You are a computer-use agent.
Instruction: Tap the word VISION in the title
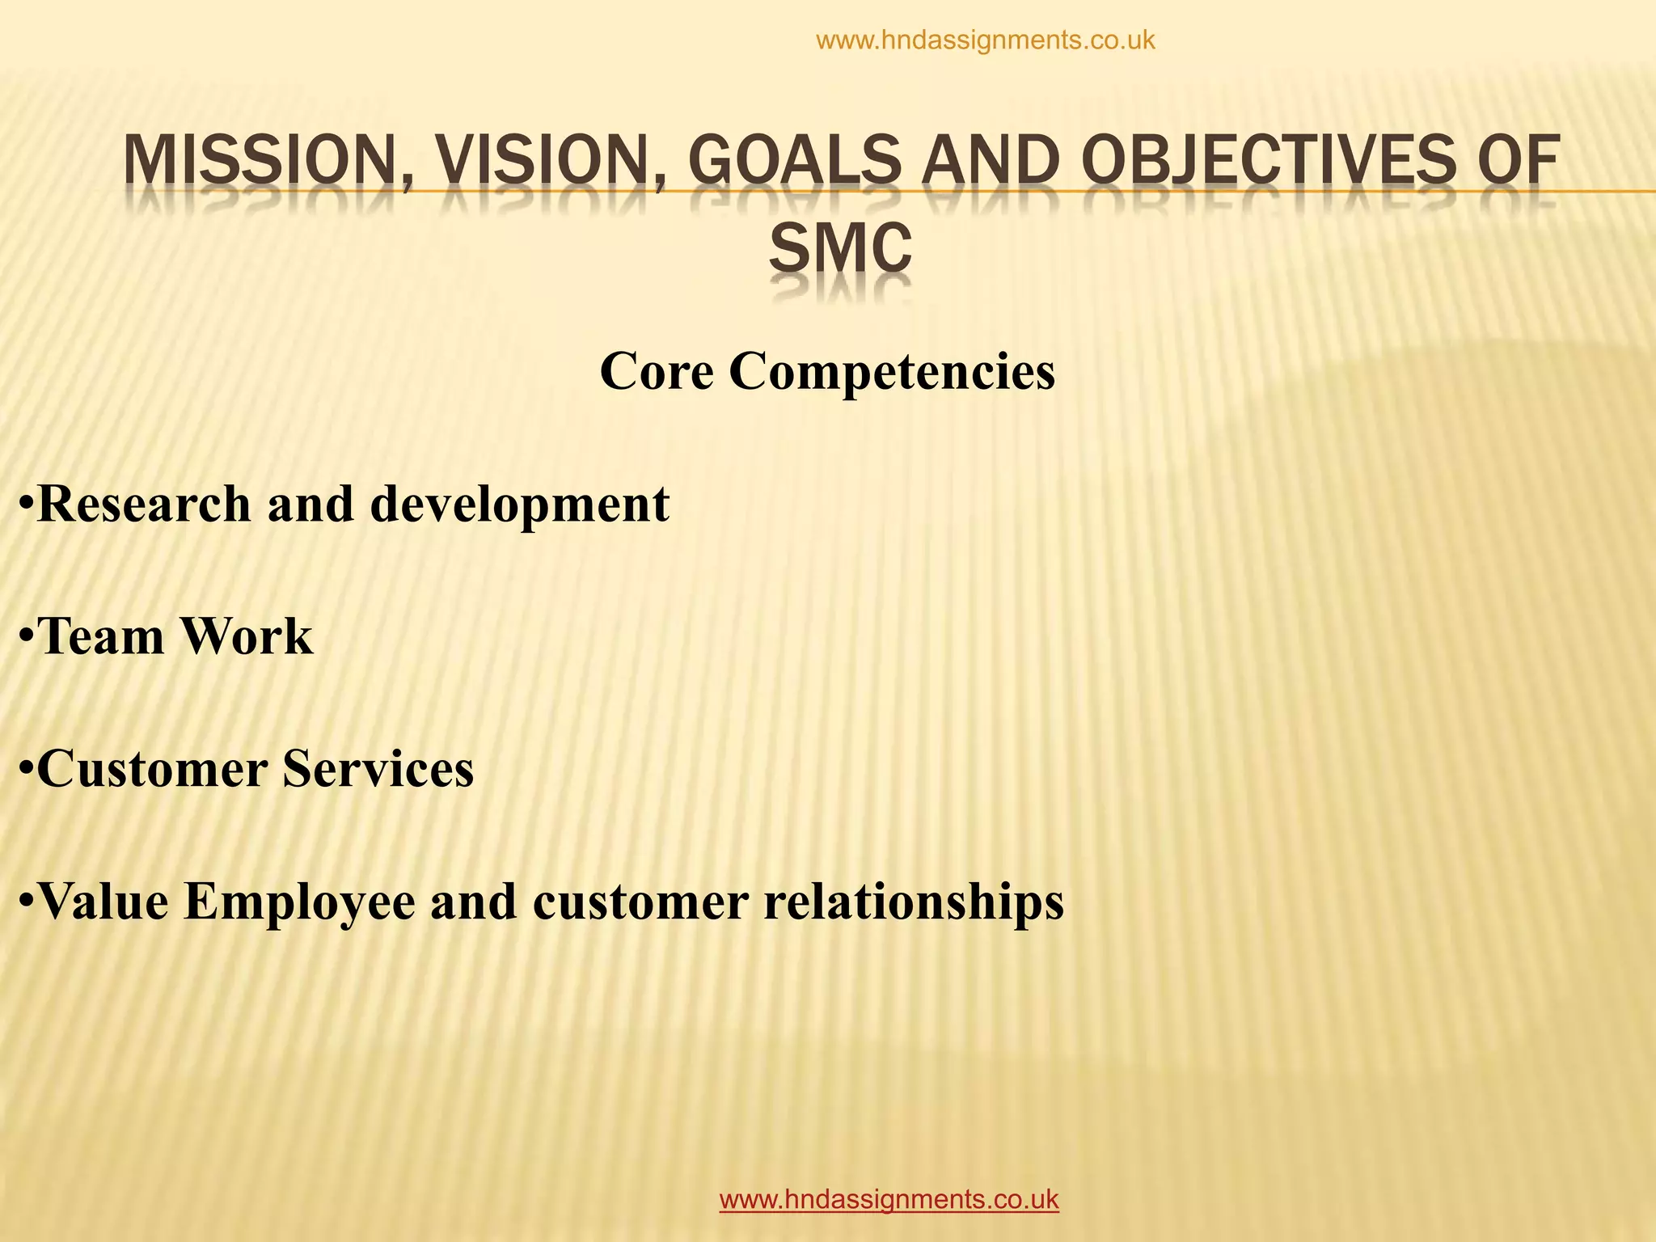[550, 161]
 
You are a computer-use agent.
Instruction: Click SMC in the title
[840, 248]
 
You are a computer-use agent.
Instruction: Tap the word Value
[103, 901]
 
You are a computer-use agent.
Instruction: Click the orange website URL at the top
[986, 40]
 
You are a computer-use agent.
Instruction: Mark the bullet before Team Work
[27, 638]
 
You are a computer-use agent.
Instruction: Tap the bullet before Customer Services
[27, 771]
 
